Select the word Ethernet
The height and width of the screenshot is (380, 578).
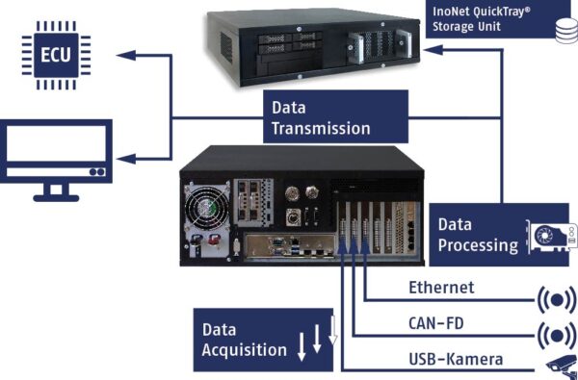pyautogui.click(x=441, y=287)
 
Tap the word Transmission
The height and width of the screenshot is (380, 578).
pyautogui.click(x=320, y=127)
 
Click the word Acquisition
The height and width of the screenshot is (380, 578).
pyautogui.click(x=244, y=349)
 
